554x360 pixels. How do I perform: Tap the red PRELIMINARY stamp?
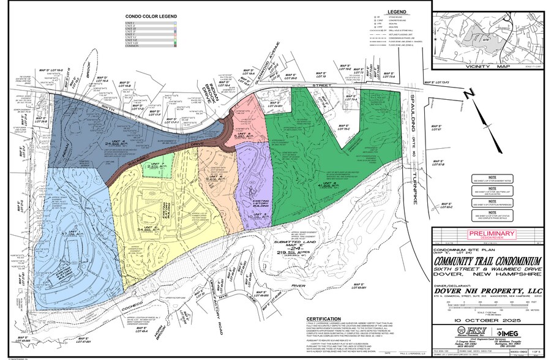point(492,233)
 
